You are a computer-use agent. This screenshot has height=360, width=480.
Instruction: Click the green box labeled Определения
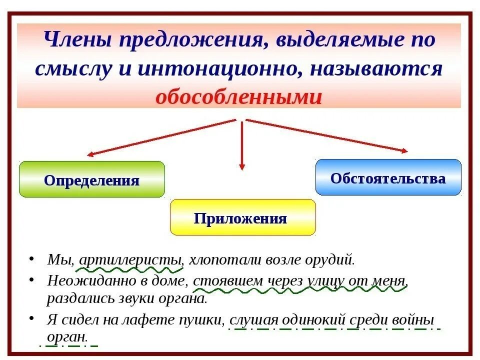[91, 179]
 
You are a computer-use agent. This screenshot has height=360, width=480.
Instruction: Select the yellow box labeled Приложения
[243, 217]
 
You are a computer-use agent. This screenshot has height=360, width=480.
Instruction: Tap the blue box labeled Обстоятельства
[388, 177]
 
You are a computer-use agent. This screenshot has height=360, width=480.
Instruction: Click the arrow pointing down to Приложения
[242, 166]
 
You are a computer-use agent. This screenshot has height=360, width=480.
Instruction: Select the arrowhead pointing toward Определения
[90, 154]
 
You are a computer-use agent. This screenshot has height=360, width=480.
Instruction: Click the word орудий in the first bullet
[334, 260]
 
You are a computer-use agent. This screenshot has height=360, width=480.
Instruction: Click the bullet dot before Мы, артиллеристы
[32, 259]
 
